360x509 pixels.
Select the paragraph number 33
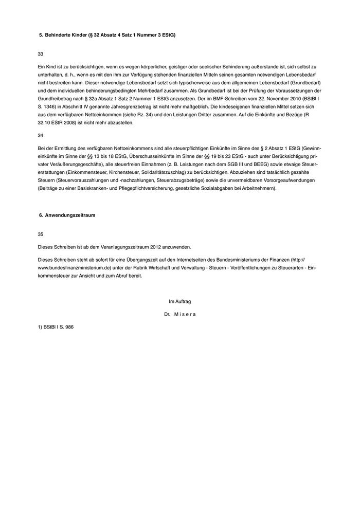pos(41,54)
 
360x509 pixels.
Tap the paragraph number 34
pos(41,135)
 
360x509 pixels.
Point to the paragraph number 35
pos(41,234)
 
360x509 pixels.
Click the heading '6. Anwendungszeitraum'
pos(67,215)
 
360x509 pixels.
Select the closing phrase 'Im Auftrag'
pos(179,301)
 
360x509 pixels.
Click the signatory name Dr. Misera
pos(179,314)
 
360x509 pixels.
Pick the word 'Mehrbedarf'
pos(147,90)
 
